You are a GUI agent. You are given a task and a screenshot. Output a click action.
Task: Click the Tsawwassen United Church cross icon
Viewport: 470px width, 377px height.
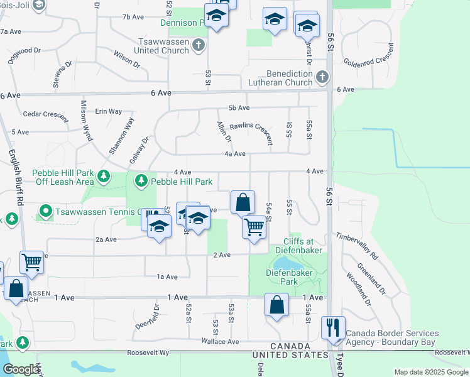pos(199,44)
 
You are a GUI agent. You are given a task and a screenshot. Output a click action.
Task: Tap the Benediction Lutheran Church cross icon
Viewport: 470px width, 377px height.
pos(322,77)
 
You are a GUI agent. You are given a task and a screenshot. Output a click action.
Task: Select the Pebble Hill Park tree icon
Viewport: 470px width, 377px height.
pos(141,181)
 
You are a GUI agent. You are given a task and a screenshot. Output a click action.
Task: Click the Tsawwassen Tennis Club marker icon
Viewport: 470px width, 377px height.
pos(45,211)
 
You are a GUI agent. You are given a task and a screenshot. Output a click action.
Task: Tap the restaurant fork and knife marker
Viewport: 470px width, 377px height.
pos(333,327)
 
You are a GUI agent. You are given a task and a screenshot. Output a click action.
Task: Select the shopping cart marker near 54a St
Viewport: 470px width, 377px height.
pos(254,227)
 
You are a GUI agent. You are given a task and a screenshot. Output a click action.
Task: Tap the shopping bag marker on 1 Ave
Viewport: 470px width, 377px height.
pos(276,305)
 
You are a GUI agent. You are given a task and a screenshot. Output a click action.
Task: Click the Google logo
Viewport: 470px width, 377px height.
pos(20,369)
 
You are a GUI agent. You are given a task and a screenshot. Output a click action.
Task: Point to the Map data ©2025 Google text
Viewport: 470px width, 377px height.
pos(431,372)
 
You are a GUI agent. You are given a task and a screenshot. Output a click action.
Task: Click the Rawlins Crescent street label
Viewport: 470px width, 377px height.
pos(250,129)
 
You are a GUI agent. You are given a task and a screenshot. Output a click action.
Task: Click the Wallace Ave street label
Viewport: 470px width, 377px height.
pos(220,342)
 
